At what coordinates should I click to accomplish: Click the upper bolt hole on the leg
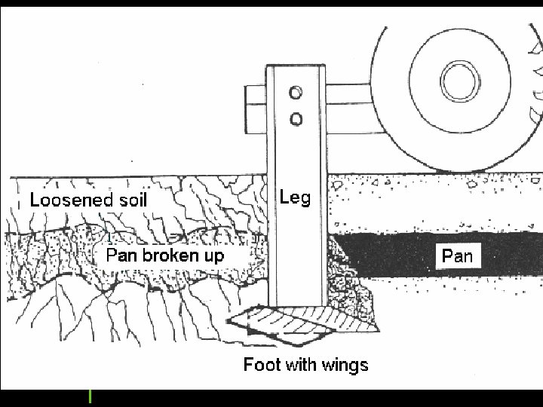[296, 93]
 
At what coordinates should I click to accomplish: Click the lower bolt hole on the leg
[296, 118]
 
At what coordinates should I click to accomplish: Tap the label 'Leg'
[295, 197]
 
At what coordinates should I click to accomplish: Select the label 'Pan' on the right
[457, 256]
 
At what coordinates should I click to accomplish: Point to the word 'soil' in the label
[134, 200]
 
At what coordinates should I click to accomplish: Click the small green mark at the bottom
[90, 396]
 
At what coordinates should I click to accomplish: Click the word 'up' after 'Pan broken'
[213, 256]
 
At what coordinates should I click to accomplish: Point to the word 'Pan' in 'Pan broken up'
[121, 256]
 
